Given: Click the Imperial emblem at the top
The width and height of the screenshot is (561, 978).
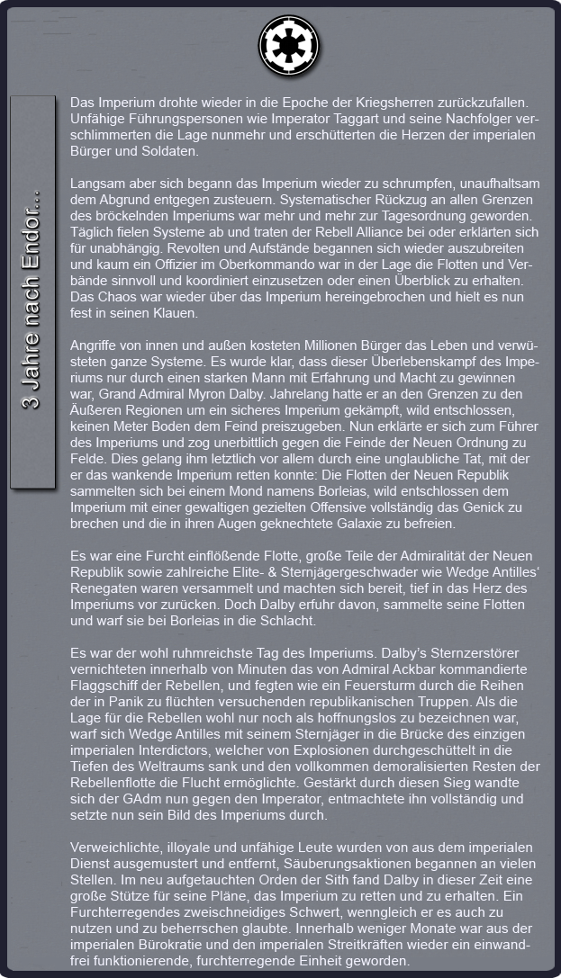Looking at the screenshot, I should click(283, 42).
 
